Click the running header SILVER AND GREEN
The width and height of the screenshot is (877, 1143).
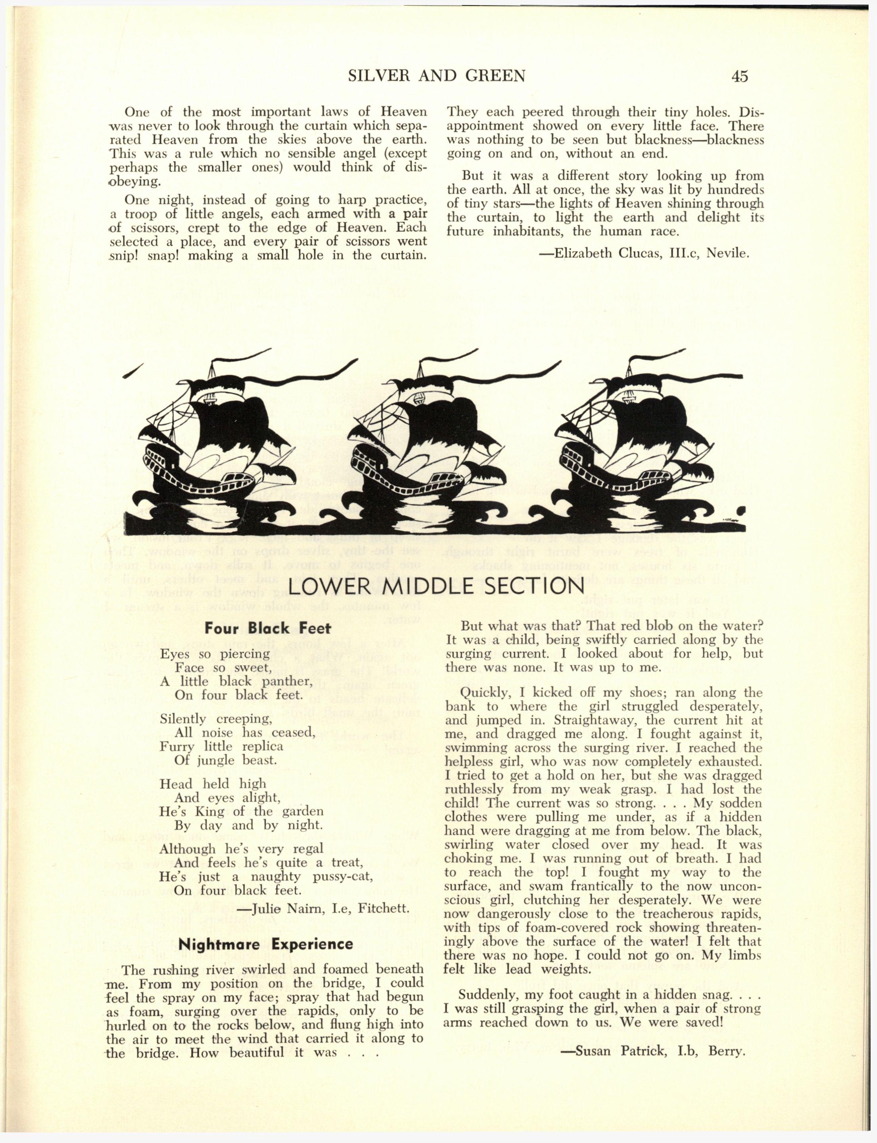(x=437, y=76)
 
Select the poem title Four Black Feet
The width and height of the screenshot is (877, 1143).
(x=268, y=628)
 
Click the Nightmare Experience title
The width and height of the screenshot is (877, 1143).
(x=265, y=944)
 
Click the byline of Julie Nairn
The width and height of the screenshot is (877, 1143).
(x=322, y=908)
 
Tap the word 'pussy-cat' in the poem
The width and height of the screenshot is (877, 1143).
(x=342, y=876)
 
